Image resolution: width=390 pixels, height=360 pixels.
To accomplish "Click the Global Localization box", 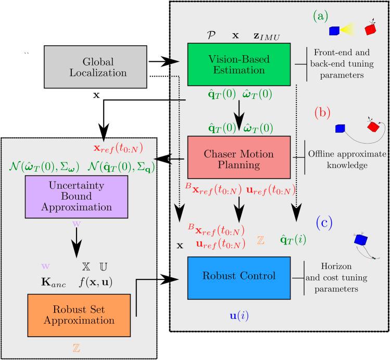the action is click(95, 67).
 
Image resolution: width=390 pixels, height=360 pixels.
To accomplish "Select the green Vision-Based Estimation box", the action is click(239, 65).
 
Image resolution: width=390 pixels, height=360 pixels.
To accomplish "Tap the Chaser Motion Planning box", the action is click(239, 157).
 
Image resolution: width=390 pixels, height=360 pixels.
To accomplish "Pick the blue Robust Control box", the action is click(239, 278).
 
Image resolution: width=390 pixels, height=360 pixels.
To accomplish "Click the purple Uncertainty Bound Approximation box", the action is click(77, 197).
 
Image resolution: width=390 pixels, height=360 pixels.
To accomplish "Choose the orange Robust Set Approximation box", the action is click(79, 316).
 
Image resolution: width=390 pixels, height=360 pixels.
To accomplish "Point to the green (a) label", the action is click(321, 17).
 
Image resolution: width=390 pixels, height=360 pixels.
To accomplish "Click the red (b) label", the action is click(322, 113).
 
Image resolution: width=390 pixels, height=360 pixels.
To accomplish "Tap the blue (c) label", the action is click(324, 223).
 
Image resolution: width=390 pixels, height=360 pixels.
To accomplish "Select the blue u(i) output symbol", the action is click(239, 316).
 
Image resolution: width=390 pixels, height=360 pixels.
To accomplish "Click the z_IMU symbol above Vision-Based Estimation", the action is click(267, 36).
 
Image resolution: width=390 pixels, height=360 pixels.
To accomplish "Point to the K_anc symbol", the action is click(54, 282).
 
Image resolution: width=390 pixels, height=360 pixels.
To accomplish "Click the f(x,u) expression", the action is click(95, 282).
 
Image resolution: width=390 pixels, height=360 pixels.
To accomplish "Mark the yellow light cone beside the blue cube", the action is click(348, 29).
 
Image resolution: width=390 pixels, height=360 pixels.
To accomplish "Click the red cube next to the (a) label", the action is click(370, 29).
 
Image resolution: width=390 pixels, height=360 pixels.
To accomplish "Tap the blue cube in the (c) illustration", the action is click(361, 239).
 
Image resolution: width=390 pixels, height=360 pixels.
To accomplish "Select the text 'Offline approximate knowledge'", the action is click(347, 160).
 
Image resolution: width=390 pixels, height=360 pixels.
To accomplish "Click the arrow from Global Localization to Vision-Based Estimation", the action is click(164, 61).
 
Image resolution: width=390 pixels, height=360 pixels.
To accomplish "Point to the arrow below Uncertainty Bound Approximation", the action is click(77, 242).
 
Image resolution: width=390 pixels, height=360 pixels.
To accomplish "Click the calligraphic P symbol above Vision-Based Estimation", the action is click(211, 35).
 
